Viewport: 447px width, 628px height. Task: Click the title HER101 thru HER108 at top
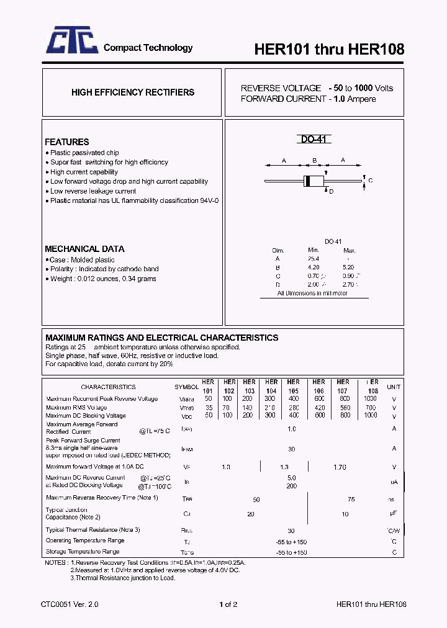[x=329, y=50]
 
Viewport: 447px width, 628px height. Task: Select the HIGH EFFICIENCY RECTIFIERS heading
[x=133, y=92]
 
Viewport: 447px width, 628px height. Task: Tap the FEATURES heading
[x=67, y=142]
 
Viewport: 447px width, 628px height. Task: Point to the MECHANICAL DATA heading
[x=84, y=249]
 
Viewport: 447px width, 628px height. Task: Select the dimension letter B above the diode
[x=315, y=161]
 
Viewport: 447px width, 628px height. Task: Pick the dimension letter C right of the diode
[x=371, y=181]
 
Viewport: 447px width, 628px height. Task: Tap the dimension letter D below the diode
[x=332, y=192]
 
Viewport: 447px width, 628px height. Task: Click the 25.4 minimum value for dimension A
[x=313, y=259]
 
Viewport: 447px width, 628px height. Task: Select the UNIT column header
[x=394, y=387]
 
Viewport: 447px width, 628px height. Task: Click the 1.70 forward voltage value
[x=340, y=467]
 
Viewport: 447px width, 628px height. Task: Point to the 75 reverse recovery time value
[x=351, y=500]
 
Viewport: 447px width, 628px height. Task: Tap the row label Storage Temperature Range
[x=83, y=552]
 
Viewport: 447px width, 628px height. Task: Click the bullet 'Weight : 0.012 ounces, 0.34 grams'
[x=101, y=279]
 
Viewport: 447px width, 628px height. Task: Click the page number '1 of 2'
[x=228, y=604]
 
